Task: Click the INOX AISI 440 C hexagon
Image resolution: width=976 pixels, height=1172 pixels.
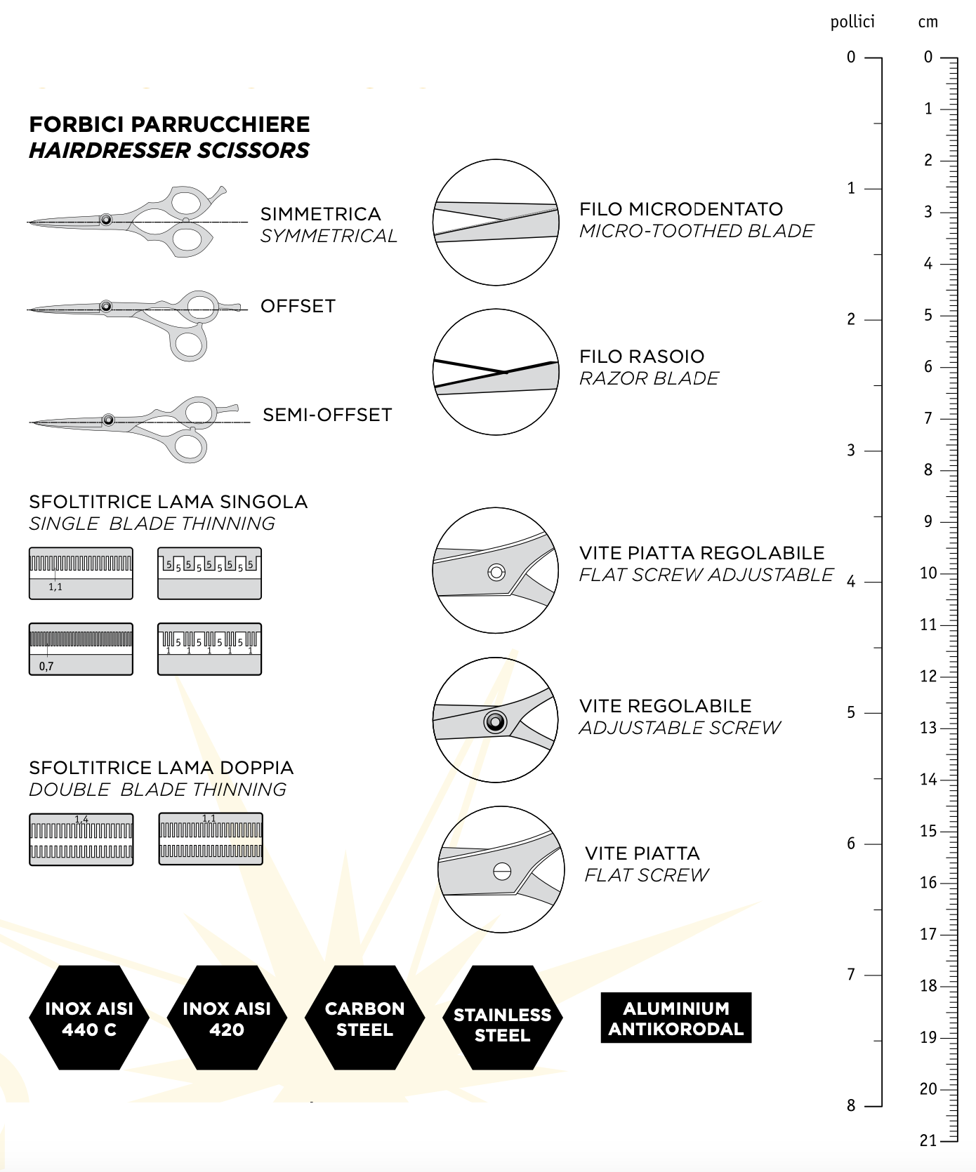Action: tap(89, 1018)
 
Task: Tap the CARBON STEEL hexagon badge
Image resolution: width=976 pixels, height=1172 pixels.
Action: tap(364, 1018)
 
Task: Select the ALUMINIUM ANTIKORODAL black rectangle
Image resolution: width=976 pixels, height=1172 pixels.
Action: tap(675, 1018)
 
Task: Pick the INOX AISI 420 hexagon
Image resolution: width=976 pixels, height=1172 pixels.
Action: tap(227, 1018)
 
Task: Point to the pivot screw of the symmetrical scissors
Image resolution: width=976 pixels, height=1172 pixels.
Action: tap(106, 220)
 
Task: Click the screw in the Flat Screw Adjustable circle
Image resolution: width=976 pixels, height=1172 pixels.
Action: tap(496, 572)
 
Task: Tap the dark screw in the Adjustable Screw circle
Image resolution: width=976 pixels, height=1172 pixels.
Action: tap(495, 721)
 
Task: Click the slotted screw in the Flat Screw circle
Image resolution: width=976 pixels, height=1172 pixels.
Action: tap(502, 871)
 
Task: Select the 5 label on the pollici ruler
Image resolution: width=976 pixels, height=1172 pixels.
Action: tap(851, 713)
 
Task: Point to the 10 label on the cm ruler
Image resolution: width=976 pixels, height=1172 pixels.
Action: tap(928, 573)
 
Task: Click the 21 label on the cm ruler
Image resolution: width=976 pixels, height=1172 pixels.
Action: tap(928, 1141)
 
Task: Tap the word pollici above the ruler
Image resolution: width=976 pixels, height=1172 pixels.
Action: tap(852, 22)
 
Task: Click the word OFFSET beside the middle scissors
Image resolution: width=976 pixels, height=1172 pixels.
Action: tap(298, 306)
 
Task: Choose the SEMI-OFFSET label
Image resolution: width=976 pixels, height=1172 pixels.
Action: tap(327, 415)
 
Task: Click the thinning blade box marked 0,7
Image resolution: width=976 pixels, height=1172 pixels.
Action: tap(81, 649)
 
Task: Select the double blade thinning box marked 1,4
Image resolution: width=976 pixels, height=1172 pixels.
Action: tap(81, 839)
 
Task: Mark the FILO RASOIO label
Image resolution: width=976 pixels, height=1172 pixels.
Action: tap(642, 357)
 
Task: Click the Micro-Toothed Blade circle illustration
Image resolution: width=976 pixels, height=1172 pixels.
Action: tap(496, 222)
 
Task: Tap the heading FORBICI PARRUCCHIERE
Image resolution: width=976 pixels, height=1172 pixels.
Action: tap(169, 124)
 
